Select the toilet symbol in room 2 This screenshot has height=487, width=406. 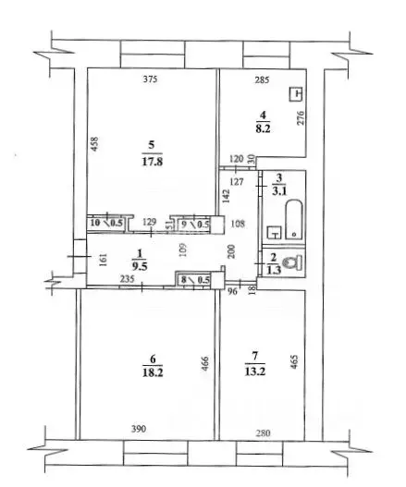[293, 263]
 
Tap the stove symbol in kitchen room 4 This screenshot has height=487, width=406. [296, 92]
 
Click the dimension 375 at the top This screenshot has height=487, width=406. [152, 80]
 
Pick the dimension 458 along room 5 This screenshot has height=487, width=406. [95, 148]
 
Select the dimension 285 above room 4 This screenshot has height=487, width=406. [262, 80]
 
